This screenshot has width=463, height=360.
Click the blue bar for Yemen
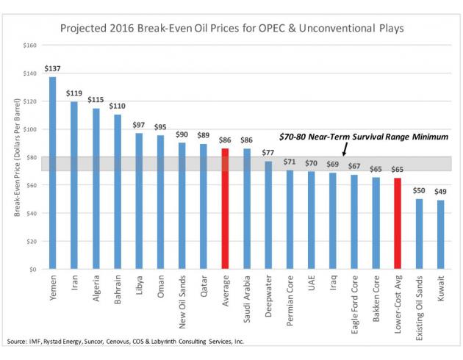(53, 173)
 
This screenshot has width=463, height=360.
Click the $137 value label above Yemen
(53, 70)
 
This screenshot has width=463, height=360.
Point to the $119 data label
(74, 94)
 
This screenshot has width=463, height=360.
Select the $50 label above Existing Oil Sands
(419, 191)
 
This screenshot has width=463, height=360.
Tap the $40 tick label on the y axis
(29, 214)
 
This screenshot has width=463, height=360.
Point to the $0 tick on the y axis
(32, 270)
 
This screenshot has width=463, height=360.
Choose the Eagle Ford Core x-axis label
(355, 306)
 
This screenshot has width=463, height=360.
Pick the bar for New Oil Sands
(182, 206)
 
